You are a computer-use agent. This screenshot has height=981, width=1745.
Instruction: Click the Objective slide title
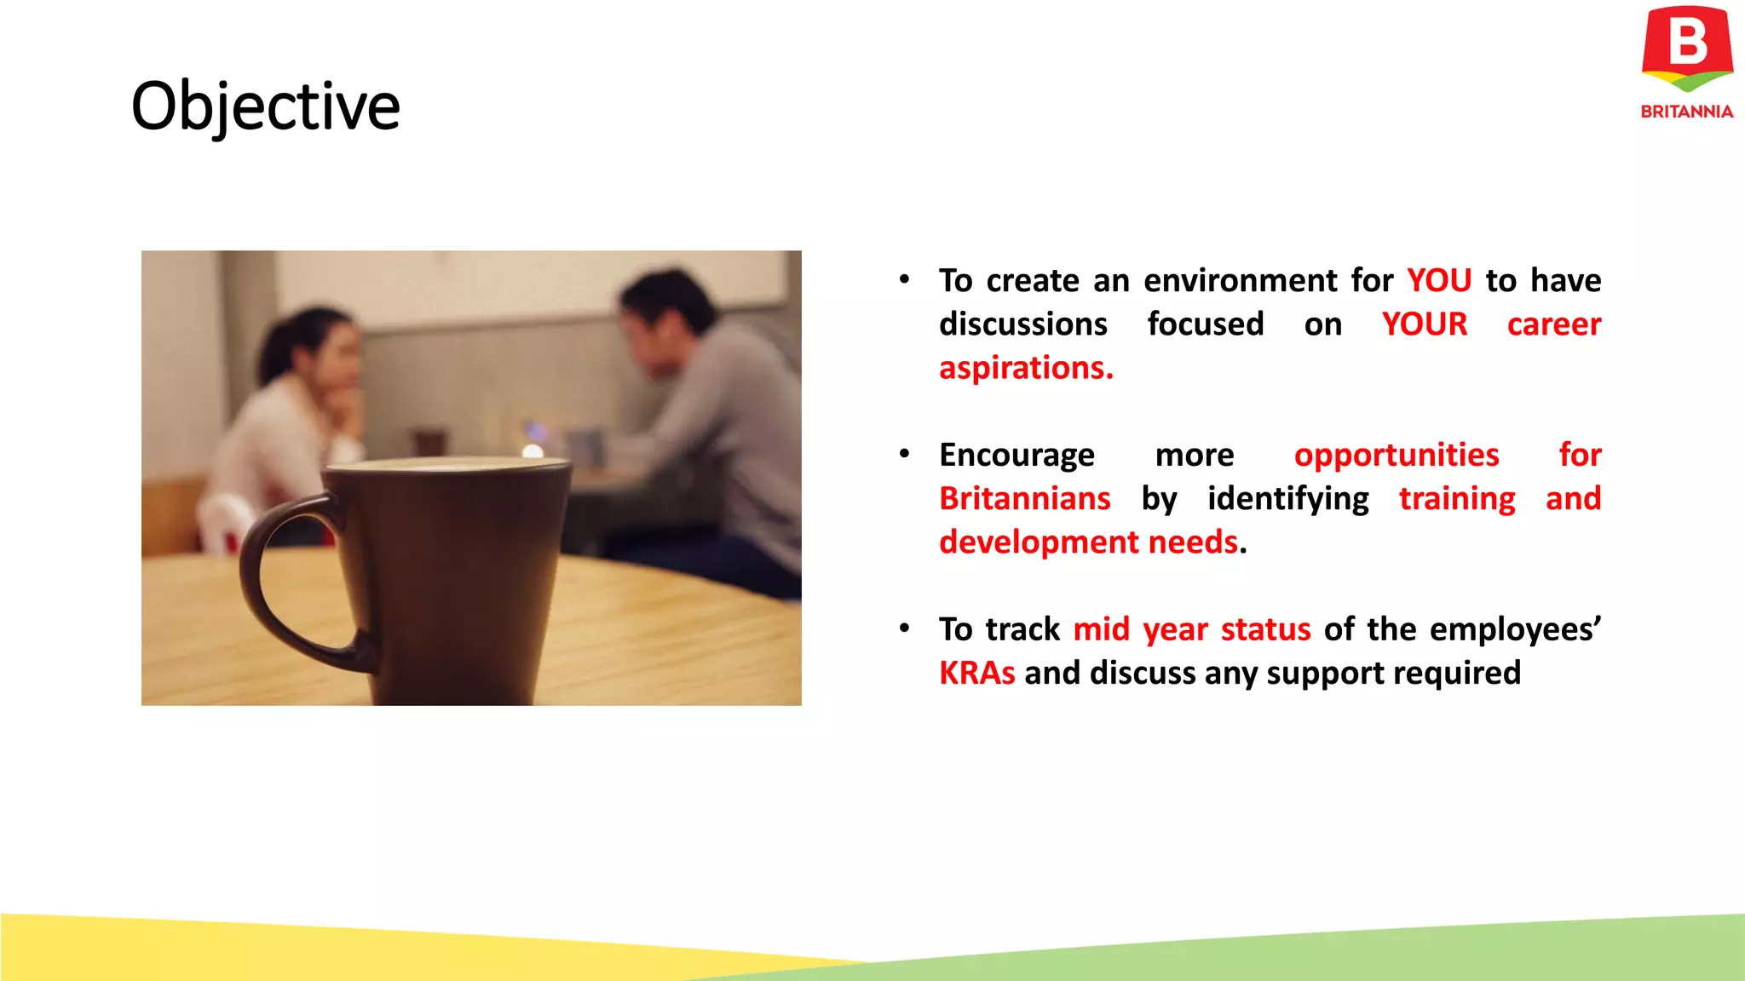click(265, 106)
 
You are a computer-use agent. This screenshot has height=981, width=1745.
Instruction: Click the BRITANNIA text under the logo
click(1686, 112)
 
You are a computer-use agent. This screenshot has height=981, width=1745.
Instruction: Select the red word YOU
click(1438, 280)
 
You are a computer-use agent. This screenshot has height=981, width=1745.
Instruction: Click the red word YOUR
click(1424, 324)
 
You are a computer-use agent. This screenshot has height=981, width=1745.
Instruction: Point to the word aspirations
click(1025, 368)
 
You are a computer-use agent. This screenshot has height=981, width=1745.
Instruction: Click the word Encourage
click(1016, 455)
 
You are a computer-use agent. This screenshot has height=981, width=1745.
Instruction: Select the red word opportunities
click(1396, 455)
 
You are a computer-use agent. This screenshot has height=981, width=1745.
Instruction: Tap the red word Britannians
click(1024, 498)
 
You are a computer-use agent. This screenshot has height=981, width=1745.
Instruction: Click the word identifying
click(1287, 498)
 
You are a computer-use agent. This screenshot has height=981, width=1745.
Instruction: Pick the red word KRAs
click(976, 673)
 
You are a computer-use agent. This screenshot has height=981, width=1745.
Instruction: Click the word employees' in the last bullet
click(1514, 629)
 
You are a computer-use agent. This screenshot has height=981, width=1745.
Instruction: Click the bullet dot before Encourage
click(904, 454)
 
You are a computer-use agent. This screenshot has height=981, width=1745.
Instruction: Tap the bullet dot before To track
click(904, 628)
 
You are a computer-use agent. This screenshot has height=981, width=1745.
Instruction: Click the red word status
click(1265, 629)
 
